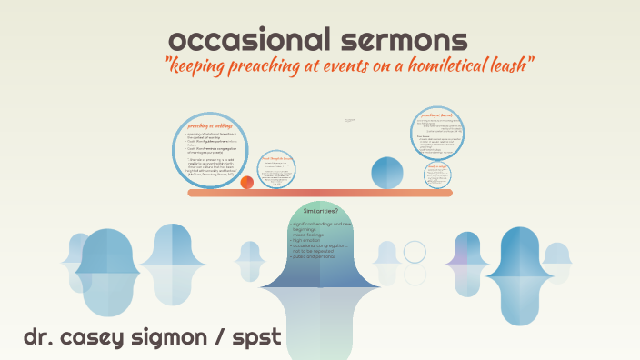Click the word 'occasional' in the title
(x=235, y=40)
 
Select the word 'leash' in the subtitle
(x=510, y=66)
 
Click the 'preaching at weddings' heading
(x=210, y=125)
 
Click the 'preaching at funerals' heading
(x=438, y=116)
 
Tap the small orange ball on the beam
(x=247, y=183)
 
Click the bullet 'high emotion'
(x=309, y=238)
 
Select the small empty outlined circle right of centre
(x=415, y=251)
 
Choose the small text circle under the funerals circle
(x=438, y=174)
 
